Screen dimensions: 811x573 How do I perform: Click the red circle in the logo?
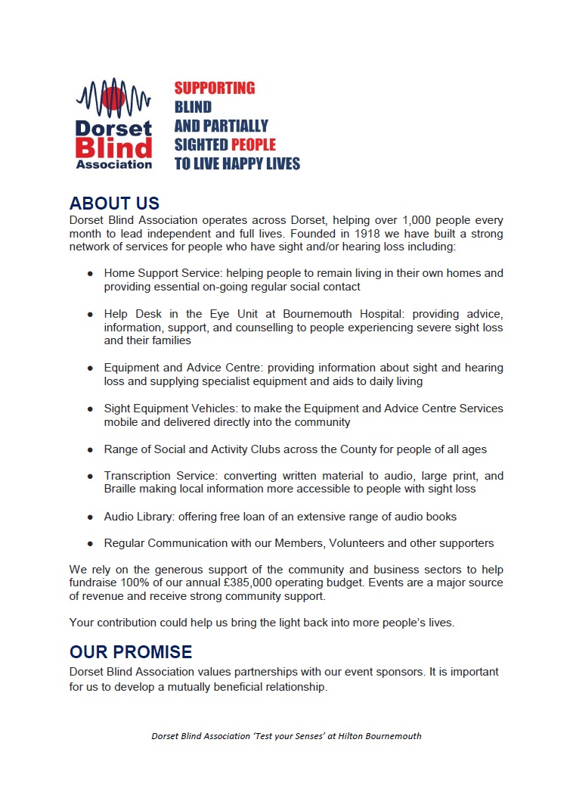point(113,98)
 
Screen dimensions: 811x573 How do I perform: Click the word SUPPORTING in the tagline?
point(215,88)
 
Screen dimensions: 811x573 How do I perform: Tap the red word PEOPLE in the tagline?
point(253,144)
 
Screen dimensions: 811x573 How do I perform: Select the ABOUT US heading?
point(114,204)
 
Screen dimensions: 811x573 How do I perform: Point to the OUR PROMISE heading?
point(131,652)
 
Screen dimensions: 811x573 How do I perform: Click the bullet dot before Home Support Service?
point(90,273)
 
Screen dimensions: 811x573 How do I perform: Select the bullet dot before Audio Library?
point(90,517)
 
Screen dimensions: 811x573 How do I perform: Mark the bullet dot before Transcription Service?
point(90,477)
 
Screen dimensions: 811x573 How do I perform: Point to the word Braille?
point(123,489)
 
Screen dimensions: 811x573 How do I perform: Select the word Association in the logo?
point(114,163)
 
